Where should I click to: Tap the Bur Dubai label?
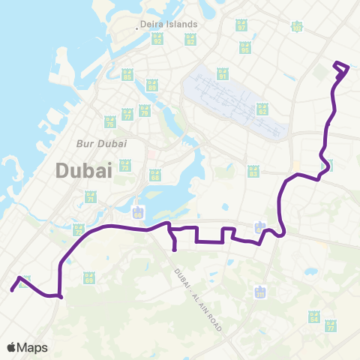click(101, 142)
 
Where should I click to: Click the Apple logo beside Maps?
click(13, 347)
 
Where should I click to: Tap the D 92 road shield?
click(157, 39)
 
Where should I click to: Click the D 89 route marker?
click(151, 84)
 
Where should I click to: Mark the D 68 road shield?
click(155, 175)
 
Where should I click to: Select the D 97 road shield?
click(241, 25)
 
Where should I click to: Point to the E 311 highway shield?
click(260, 291)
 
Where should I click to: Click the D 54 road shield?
click(313, 317)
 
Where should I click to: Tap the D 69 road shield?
click(89, 277)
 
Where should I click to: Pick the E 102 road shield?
click(297, 27)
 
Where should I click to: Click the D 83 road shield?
click(253, 172)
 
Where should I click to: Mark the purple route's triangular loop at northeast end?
click(341, 70)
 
